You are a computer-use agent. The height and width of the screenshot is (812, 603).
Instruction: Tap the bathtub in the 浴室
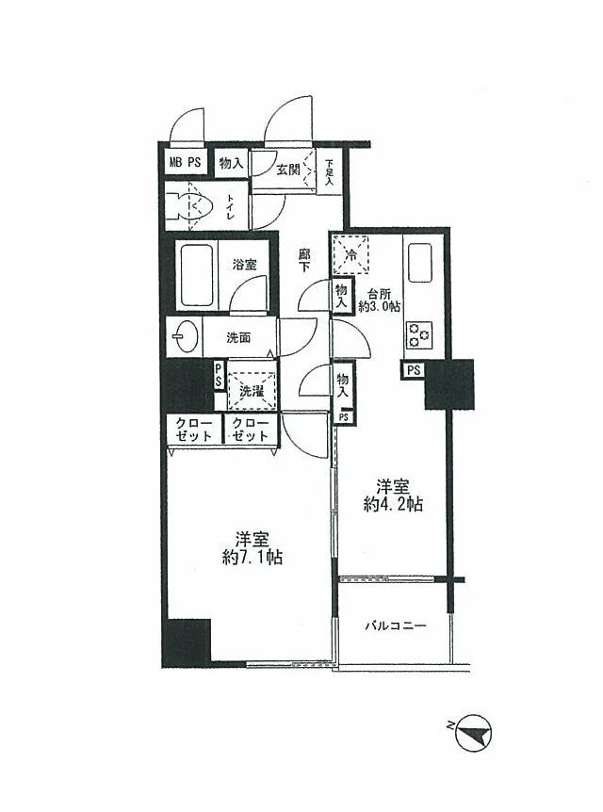click(197, 274)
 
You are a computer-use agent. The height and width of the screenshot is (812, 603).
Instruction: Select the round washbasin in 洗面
click(185, 336)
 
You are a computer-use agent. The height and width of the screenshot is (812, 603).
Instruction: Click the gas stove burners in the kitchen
click(419, 334)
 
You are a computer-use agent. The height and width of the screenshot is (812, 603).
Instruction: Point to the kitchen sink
click(419, 263)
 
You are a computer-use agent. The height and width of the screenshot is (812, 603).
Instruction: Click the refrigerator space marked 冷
click(350, 254)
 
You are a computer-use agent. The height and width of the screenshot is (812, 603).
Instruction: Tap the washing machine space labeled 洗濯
click(252, 391)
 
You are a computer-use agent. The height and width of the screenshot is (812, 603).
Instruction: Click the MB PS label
click(186, 162)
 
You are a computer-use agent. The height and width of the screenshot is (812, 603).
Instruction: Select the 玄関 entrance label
click(288, 170)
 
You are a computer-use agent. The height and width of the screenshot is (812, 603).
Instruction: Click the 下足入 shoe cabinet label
click(330, 172)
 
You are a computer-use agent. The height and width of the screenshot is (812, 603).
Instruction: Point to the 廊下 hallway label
click(304, 260)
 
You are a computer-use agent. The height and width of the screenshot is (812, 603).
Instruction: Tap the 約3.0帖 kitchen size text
click(380, 306)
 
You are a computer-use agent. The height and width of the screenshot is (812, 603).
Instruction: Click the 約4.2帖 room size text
click(393, 504)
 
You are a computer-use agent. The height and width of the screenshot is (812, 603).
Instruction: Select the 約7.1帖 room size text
click(253, 558)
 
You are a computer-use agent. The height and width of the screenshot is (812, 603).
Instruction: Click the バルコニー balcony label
click(396, 626)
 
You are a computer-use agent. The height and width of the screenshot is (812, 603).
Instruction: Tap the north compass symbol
click(471, 733)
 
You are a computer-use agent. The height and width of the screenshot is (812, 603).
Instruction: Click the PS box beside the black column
click(414, 370)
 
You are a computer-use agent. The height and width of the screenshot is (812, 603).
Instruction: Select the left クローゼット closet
click(194, 430)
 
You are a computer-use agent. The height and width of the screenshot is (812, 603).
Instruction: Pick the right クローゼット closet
click(251, 430)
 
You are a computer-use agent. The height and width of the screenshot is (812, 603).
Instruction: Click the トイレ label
click(231, 206)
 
